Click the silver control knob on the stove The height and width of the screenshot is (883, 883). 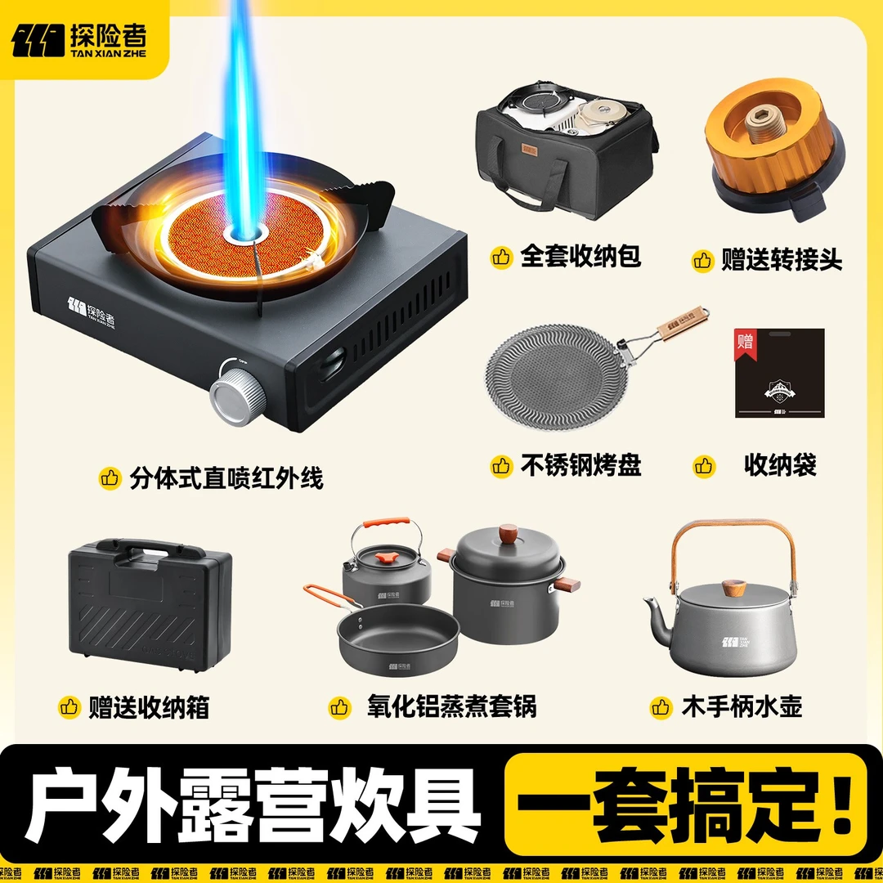(x=238, y=392)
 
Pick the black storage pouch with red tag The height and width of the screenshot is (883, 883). (x=779, y=373)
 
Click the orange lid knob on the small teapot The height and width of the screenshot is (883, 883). (x=386, y=558)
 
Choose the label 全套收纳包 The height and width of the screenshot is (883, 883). (x=580, y=256)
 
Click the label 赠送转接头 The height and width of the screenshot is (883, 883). (x=782, y=260)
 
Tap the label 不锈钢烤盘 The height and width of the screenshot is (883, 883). (x=580, y=465)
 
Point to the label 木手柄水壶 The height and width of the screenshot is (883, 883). (x=742, y=706)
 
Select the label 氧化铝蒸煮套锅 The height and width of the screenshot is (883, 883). (x=451, y=706)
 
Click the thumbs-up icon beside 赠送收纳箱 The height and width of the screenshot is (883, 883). (x=69, y=706)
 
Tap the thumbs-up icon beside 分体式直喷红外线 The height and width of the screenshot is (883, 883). (x=110, y=478)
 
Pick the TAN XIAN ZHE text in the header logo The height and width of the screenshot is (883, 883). (x=108, y=53)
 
